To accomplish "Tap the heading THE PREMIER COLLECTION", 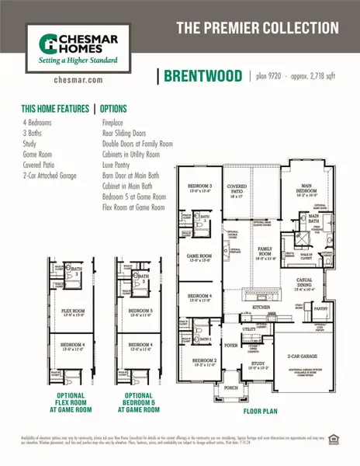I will pyautogui.click(x=258, y=28).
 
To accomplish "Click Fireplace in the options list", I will pyautogui.click(x=116, y=123).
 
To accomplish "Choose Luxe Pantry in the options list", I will pyautogui.click(x=119, y=165).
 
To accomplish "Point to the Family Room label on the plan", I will pyautogui.click(x=267, y=249).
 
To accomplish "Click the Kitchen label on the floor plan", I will pyautogui.click(x=263, y=308).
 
